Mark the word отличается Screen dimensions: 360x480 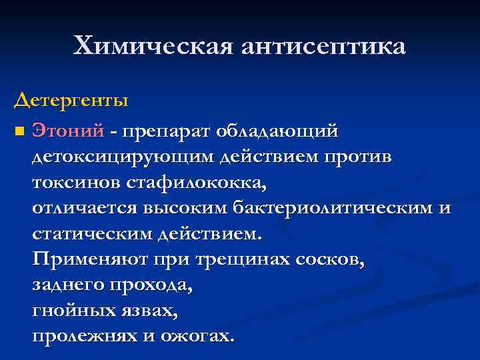85,208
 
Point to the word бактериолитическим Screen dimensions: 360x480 333,209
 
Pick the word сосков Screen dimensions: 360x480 331,259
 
